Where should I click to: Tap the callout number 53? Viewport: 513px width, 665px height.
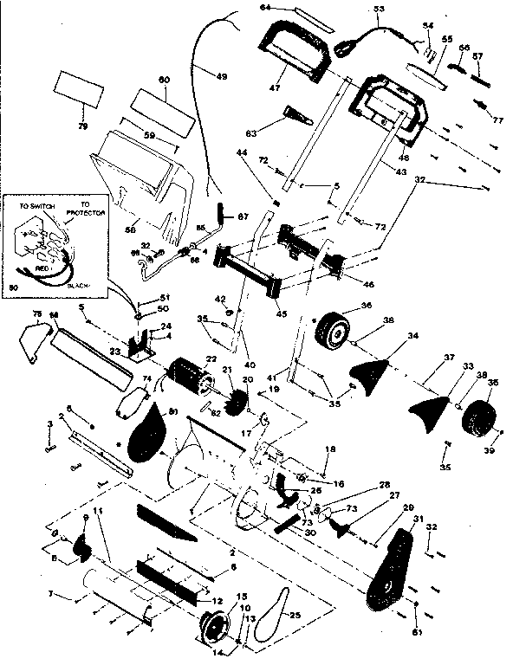click(378, 10)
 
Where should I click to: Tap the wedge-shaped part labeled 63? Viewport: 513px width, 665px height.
click(293, 115)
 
